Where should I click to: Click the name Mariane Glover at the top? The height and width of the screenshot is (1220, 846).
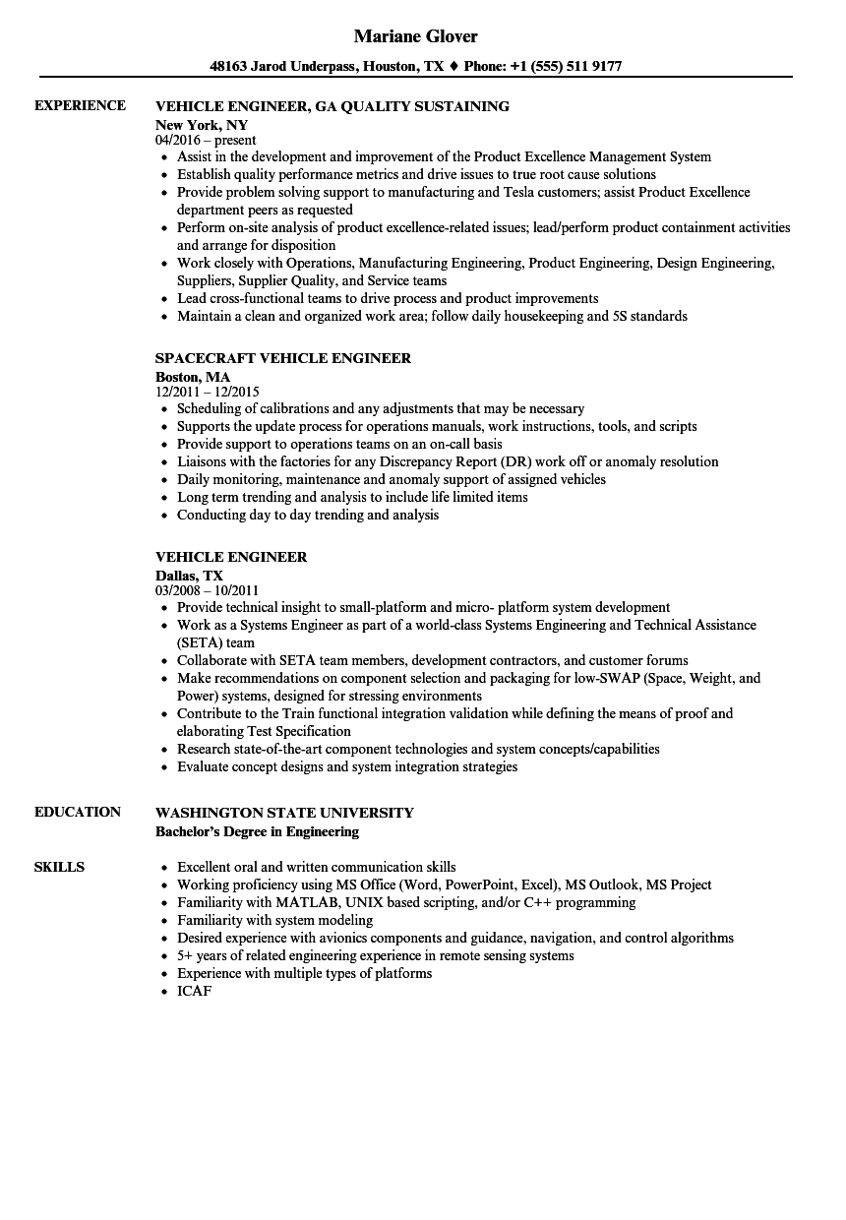415,36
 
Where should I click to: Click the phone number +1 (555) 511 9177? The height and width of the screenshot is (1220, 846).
567,67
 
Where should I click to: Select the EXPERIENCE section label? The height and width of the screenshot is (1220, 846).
80,105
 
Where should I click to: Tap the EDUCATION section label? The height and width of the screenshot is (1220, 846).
78,812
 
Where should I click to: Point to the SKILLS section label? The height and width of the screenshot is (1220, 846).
59,867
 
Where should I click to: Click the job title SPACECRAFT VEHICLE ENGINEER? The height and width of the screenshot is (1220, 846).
283,358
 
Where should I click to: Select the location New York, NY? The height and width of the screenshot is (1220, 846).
202,125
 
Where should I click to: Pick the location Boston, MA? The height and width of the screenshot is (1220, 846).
193,377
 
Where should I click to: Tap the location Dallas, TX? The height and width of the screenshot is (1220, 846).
189,576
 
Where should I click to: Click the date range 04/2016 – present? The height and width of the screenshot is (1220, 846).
206,141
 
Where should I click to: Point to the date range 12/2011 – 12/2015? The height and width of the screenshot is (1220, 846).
208,392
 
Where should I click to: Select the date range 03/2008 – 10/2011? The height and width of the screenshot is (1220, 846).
207,591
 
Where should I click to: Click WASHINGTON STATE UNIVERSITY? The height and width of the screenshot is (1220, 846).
284,813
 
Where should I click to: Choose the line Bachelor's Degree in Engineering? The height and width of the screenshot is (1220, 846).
257,831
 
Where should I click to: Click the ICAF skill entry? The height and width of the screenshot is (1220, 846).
194,991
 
